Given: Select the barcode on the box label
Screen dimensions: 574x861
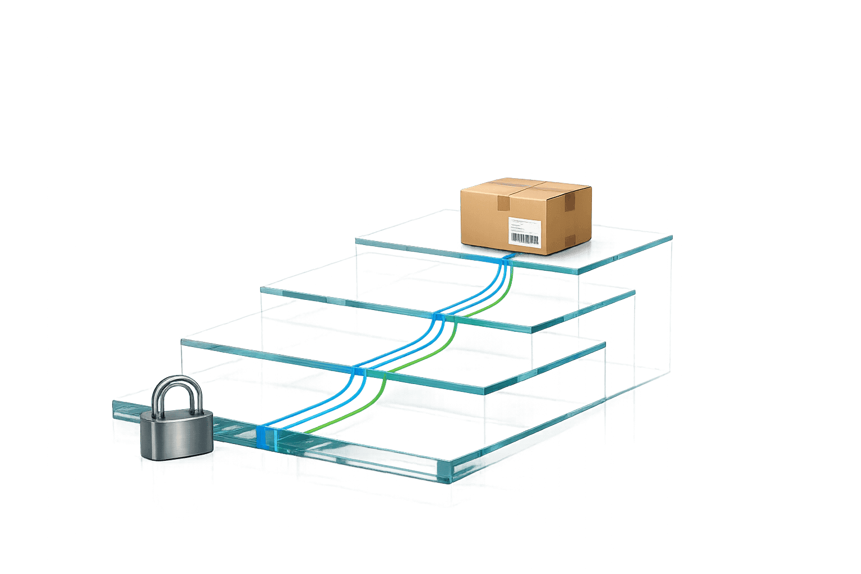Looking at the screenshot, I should point(525,239).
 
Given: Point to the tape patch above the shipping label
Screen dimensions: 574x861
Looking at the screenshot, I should point(503,203).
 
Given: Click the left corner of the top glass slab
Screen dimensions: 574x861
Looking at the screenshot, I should point(357,240).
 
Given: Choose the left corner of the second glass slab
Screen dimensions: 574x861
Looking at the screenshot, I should point(261,289).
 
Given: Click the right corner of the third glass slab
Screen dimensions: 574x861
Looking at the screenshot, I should point(604,344).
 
